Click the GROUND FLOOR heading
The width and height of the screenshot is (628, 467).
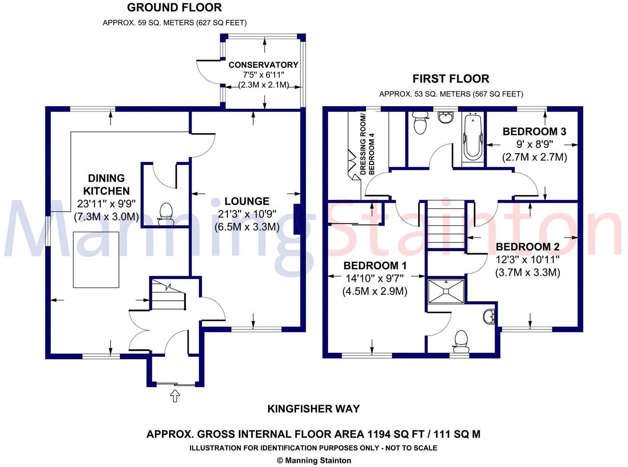(x=174, y=8)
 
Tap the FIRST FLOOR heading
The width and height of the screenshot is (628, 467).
(x=451, y=79)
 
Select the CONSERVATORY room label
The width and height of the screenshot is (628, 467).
(x=263, y=65)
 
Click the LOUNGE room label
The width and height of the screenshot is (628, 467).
(x=246, y=201)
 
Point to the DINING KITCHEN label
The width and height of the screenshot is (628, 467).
(x=107, y=184)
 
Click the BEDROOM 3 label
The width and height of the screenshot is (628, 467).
(x=534, y=131)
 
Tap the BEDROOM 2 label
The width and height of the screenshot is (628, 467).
(x=527, y=247)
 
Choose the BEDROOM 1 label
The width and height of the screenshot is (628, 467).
(x=375, y=266)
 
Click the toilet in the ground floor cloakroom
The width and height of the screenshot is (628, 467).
(x=166, y=213)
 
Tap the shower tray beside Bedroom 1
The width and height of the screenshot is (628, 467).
(x=446, y=291)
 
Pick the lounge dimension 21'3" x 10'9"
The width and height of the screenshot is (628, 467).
(x=246, y=214)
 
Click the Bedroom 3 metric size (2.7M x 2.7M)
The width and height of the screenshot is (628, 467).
(x=534, y=157)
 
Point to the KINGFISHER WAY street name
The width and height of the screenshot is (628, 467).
(x=313, y=409)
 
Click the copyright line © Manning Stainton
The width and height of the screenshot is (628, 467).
(x=314, y=461)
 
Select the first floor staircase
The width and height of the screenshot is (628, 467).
(x=446, y=225)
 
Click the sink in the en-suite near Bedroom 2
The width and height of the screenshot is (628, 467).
(x=489, y=316)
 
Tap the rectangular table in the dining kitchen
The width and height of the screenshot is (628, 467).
(x=96, y=260)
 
